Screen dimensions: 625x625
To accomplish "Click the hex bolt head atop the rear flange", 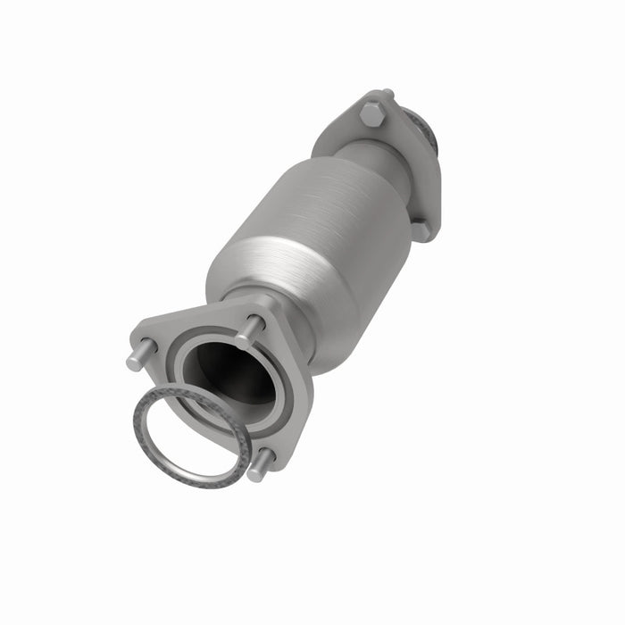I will coord(371,113).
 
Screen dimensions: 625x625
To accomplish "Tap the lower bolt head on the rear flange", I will coord(420,229).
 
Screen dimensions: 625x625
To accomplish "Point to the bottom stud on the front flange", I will coord(260,465).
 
